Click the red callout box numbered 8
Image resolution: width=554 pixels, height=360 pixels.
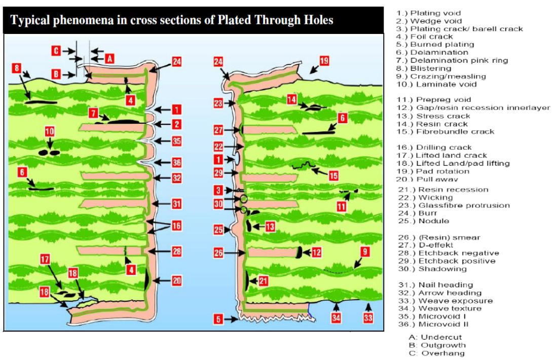[x=17, y=67]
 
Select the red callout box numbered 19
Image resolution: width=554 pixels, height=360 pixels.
[x=324, y=61]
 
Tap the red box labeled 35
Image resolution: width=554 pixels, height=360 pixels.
[x=176, y=141]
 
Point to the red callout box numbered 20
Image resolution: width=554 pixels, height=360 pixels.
[x=176, y=280]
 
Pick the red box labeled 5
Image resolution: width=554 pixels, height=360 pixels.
[x=218, y=319]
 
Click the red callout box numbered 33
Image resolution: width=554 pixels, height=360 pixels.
[x=368, y=318]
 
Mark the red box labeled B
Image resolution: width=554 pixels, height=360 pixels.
[x=57, y=74]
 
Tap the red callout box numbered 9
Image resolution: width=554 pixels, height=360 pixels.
[x=364, y=251]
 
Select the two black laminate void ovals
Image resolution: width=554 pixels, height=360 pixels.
[x=49, y=152]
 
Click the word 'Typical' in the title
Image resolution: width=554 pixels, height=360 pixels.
[x=31, y=20]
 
